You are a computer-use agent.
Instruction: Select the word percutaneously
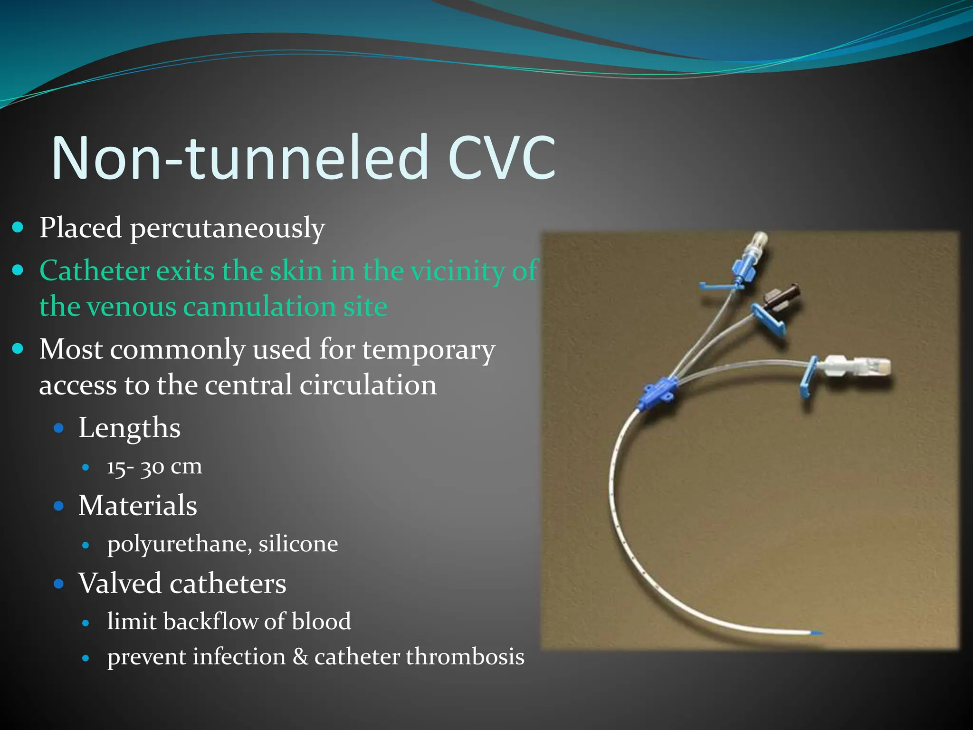(228, 229)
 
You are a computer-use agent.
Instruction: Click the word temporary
(429, 350)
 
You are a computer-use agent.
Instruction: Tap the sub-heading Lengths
(129, 428)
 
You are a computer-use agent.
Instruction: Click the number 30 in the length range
(152, 467)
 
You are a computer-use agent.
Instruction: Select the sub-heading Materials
(137, 505)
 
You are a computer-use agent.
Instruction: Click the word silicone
(298, 544)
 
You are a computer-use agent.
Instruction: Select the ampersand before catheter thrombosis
(300, 657)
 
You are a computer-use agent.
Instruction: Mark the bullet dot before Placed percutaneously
(18, 228)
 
